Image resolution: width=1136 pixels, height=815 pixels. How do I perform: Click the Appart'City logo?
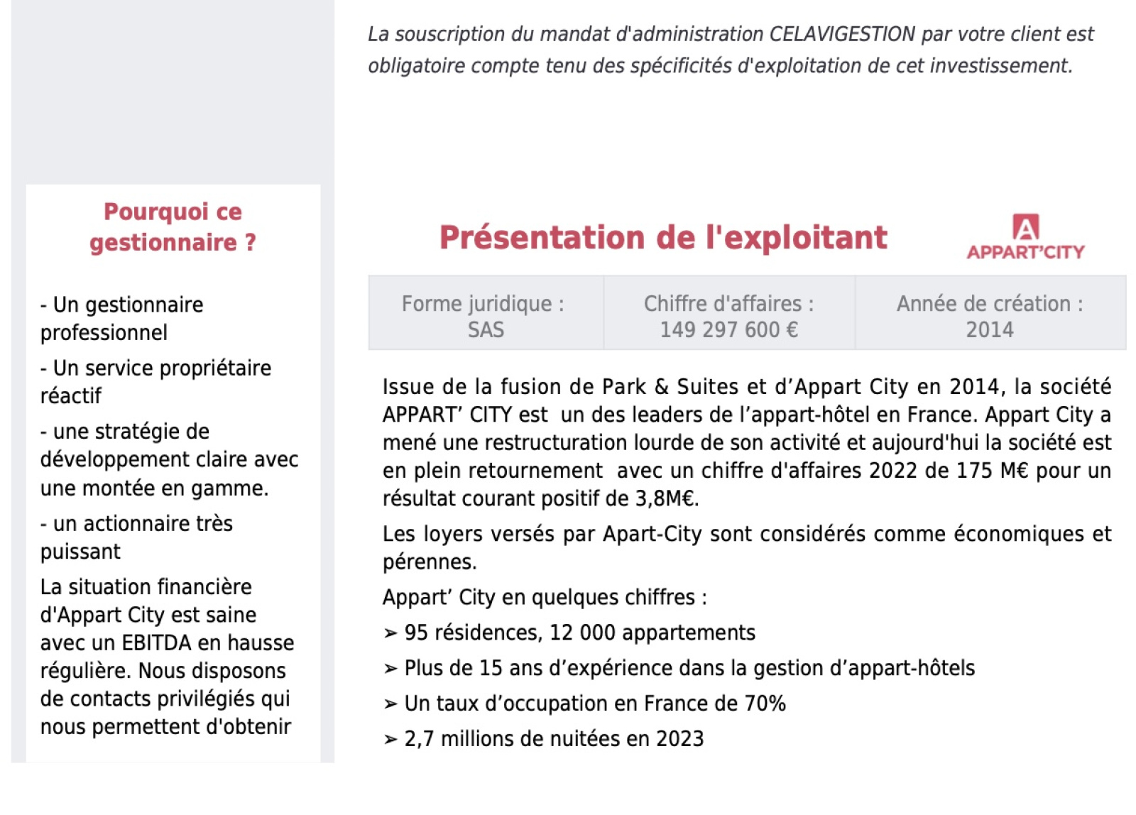pyautogui.click(x=1025, y=237)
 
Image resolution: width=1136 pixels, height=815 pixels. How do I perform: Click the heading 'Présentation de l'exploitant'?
pyautogui.click(x=663, y=238)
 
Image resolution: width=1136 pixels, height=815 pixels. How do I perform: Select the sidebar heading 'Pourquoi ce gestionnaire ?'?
pyautogui.click(x=173, y=227)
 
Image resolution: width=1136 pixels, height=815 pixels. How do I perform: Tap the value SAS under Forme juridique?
pyautogui.click(x=486, y=330)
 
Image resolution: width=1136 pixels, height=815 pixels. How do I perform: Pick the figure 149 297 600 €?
pyautogui.click(x=728, y=330)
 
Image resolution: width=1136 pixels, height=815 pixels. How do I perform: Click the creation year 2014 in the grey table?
pyautogui.click(x=989, y=330)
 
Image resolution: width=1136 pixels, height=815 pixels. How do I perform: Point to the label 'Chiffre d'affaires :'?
pyautogui.click(x=728, y=304)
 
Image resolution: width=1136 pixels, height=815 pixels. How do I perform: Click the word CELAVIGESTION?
pyautogui.click(x=842, y=34)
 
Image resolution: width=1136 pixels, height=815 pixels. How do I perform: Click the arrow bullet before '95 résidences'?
pyautogui.click(x=390, y=633)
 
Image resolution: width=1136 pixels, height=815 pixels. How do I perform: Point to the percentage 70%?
pyautogui.click(x=765, y=704)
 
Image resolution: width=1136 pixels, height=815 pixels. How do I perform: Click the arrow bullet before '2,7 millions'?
pyautogui.click(x=390, y=740)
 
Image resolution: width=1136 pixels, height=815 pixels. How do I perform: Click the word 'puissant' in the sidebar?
pyautogui.click(x=80, y=552)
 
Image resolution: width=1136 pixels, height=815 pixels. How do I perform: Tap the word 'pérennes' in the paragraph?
pyautogui.click(x=428, y=562)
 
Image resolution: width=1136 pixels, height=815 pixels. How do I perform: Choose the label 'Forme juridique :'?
pyautogui.click(x=483, y=304)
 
